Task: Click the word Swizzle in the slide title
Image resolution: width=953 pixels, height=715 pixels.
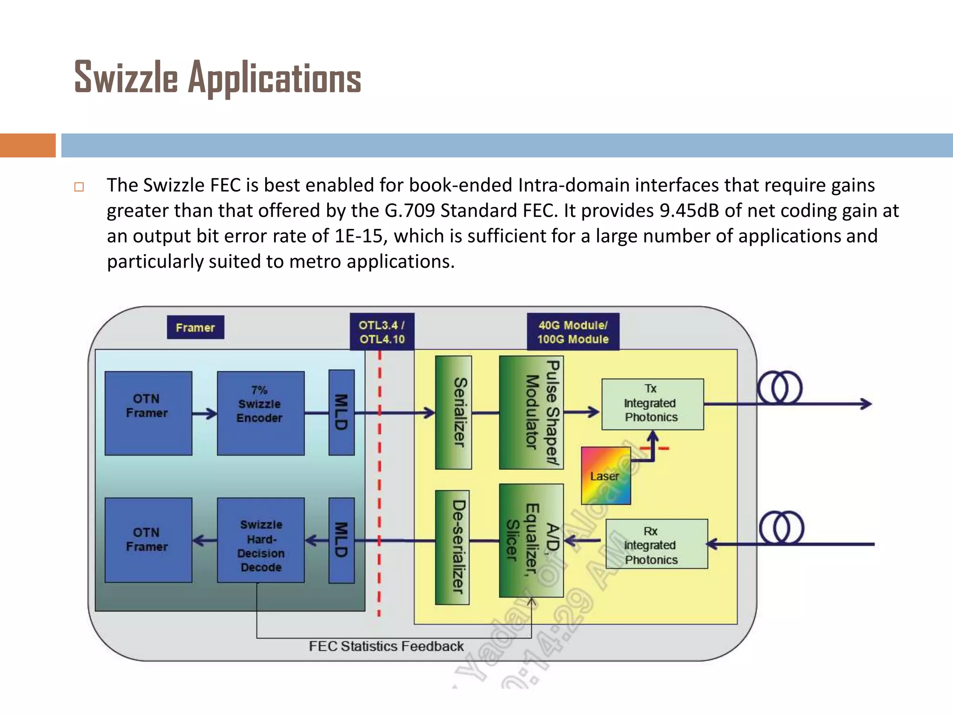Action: [126, 77]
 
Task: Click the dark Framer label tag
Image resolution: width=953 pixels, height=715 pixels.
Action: [195, 327]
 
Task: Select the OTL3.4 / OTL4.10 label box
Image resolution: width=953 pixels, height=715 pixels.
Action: [382, 332]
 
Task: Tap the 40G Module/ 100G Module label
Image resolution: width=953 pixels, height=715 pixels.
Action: [573, 332]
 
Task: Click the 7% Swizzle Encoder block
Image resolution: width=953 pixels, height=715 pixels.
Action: [261, 413]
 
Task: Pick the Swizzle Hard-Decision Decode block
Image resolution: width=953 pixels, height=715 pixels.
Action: [261, 540]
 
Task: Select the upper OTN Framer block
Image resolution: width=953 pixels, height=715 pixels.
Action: [148, 413]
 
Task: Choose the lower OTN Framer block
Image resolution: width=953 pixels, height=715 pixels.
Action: [148, 540]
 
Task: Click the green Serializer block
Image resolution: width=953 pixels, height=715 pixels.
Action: [453, 412]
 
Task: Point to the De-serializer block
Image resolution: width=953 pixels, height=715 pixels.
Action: [452, 547]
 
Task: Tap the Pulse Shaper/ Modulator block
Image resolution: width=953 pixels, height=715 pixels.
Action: [531, 412]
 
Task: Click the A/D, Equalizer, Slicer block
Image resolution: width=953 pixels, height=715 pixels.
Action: [531, 540]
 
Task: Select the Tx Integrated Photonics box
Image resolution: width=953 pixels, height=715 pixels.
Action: [652, 404]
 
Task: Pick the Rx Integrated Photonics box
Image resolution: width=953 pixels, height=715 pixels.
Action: [656, 544]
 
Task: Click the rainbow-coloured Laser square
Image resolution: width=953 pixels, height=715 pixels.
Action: [605, 476]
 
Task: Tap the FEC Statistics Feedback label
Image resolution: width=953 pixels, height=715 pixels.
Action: [386, 647]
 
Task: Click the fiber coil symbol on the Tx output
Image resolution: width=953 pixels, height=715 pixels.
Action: [780, 387]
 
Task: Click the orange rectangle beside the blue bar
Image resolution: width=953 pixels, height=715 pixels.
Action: [27, 145]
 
